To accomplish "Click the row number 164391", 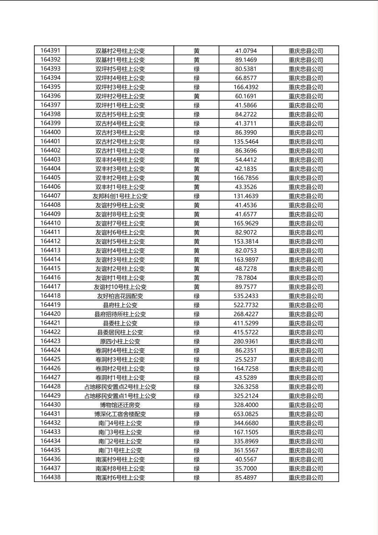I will click(x=50, y=50).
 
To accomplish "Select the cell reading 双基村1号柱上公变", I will click(x=120, y=60).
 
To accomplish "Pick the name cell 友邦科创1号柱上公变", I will click(x=120, y=196).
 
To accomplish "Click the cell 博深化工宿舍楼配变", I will click(x=120, y=414).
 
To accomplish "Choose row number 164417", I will click(x=50, y=287).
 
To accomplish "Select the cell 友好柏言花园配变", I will click(x=120, y=296).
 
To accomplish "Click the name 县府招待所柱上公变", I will click(x=120, y=314).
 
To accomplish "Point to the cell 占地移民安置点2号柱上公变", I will click(x=120, y=387).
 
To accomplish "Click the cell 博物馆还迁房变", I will click(x=120, y=405).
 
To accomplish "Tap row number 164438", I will click(x=50, y=477).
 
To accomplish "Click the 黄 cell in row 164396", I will click(x=197, y=96).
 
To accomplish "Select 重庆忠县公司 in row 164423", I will click(x=306, y=341).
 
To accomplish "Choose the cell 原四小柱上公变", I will click(x=120, y=341).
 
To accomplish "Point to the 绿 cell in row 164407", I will click(x=197, y=196).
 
